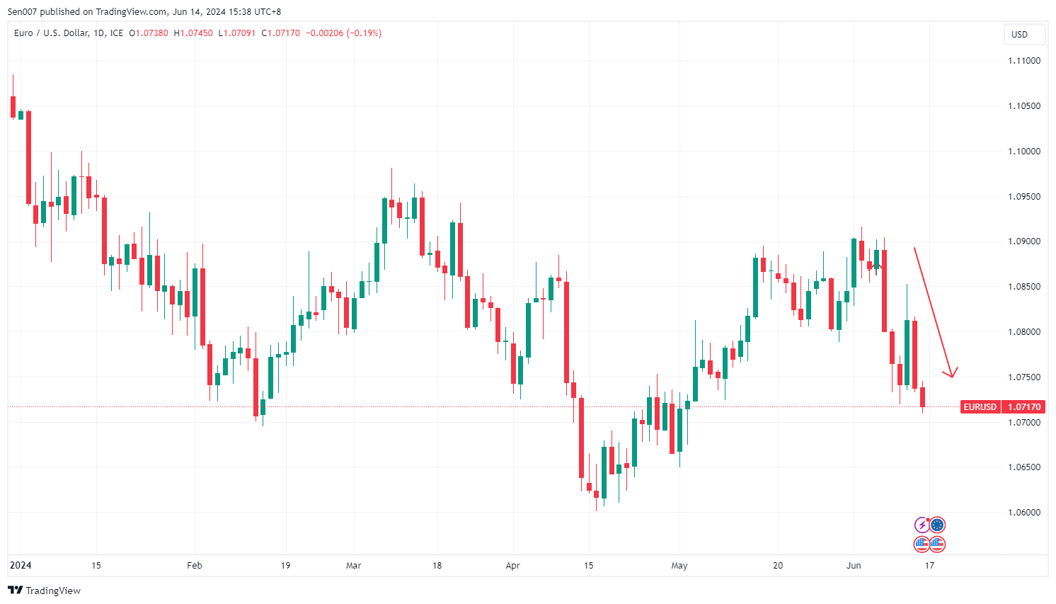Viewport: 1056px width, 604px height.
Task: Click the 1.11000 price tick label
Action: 1024,61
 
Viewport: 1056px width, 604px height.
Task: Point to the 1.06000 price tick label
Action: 1024,513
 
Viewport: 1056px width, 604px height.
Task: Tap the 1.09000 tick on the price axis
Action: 1024,241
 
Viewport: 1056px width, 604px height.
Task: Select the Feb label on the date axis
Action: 194,566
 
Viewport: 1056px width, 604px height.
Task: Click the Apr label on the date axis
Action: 513,566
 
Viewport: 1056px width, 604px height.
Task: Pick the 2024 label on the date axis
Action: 21,566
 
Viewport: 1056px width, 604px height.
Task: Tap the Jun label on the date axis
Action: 854,566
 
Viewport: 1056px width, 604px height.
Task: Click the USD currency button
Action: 1019,35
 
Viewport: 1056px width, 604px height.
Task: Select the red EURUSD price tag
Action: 980,407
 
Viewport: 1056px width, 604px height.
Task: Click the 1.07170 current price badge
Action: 1024,407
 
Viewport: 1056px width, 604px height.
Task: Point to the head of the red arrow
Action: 952,376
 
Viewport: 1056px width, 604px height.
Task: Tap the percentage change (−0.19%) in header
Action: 364,33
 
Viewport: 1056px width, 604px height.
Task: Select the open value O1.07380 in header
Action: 149,33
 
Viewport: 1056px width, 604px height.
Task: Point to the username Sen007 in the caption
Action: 22,11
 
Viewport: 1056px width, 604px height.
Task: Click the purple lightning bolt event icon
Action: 922,525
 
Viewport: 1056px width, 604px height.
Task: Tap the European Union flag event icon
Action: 937,525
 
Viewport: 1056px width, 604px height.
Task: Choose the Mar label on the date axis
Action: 353,566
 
